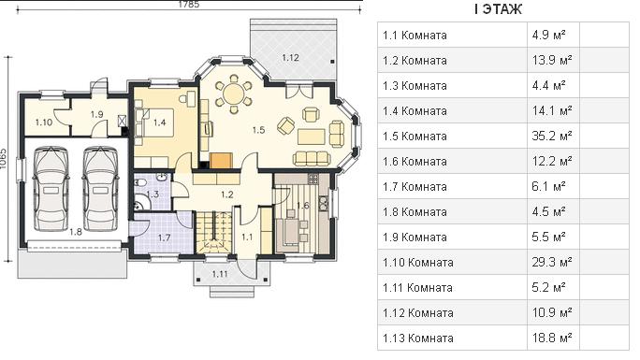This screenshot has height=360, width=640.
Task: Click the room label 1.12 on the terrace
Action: pos(290,57)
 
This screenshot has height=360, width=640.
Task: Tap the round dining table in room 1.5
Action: pos(234,93)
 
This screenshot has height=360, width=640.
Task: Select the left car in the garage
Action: pos(51,188)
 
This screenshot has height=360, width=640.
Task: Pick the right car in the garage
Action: pos(100,188)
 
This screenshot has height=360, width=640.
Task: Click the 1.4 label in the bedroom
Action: pos(159,122)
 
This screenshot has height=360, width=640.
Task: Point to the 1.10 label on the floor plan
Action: pos(43,122)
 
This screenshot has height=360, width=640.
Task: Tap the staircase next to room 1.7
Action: pos(213,232)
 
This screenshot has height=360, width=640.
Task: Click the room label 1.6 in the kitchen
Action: pos(302,205)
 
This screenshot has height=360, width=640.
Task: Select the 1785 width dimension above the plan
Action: pos(189,5)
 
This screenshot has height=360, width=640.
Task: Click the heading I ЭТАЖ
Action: pos(498,9)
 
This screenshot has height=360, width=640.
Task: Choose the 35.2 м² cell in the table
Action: pos(551,136)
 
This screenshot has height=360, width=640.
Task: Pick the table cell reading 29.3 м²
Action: pos(551,262)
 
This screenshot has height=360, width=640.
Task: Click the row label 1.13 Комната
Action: pos(418,338)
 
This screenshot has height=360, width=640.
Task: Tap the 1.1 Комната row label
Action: pos(415,35)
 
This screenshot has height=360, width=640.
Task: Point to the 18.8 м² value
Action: pos(551,338)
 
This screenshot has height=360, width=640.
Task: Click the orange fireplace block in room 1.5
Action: pos(221,160)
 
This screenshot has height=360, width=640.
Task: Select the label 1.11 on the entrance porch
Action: pos(220,274)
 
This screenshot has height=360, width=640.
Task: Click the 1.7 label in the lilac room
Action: pos(164,238)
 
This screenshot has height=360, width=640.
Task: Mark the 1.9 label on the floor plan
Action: pos(96,115)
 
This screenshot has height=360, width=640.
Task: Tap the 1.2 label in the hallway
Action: pos(227,194)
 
